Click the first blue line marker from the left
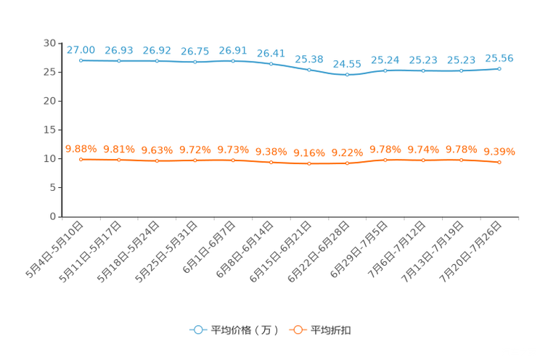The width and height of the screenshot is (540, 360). (81, 60)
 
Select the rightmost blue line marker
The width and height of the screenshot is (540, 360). (499, 68)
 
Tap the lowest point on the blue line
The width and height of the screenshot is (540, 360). (347, 74)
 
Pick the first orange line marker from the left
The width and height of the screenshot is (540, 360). (81, 159)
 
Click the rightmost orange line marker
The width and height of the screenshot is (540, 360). (499, 163)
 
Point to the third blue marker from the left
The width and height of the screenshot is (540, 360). (157, 61)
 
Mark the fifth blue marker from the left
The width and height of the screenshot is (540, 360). (233, 61)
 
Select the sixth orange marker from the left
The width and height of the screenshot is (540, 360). (271, 162)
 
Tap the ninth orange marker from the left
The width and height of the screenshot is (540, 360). (385, 159)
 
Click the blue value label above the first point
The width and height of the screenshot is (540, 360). (81, 49)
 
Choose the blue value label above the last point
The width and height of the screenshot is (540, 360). (499, 57)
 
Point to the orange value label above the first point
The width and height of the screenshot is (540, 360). (81, 149)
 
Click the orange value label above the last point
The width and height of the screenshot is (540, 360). (499, 152)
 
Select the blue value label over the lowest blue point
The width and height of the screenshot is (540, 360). (347, 63)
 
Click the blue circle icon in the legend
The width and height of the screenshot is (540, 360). (197, 330)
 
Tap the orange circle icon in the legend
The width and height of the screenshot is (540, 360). (298, 330)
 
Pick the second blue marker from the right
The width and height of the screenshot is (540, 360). (461, 70)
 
